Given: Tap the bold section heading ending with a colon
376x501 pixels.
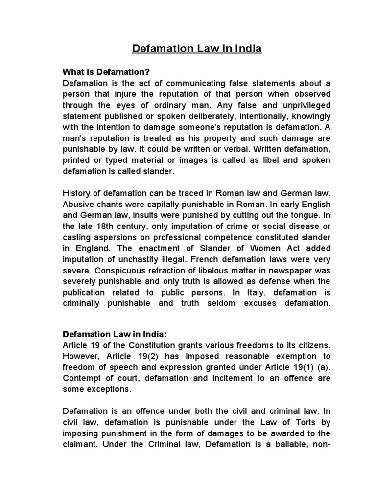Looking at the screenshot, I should (x=115, y=334).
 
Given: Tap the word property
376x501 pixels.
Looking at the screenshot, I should (x=207, y=138).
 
